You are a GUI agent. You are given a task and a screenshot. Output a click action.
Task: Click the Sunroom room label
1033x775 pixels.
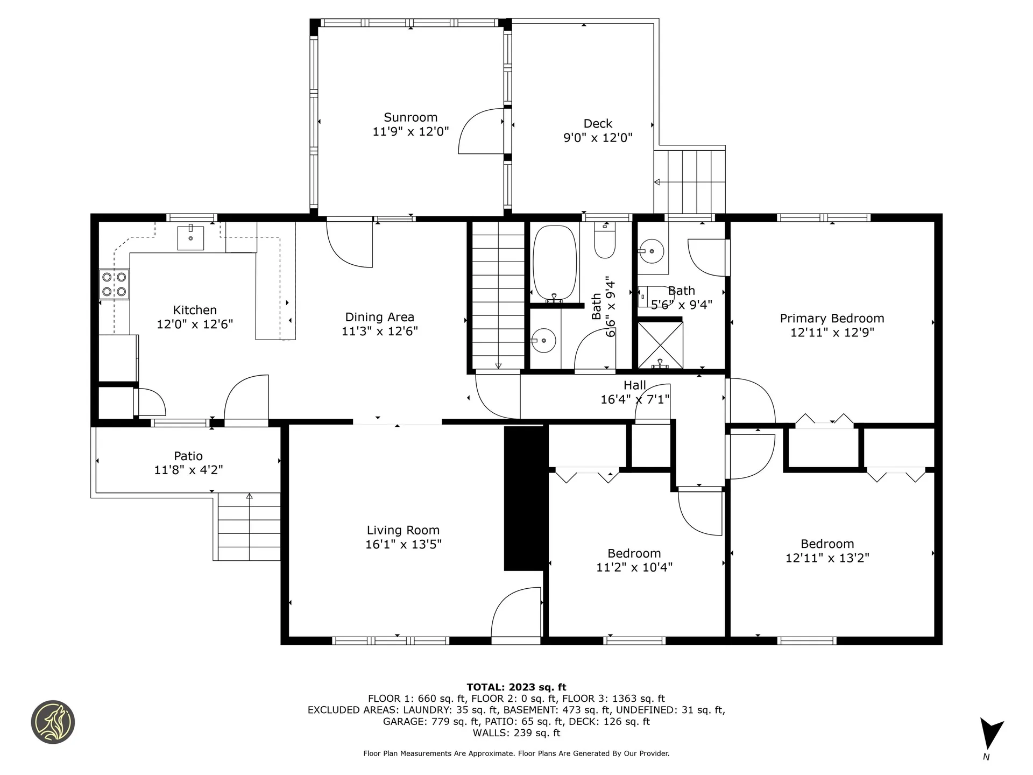tap(411, 117)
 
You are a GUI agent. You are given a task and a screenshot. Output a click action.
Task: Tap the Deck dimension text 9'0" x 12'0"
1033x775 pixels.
tap(598, 138)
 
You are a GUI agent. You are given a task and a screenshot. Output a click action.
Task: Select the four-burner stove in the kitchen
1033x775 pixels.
tap(115, 285)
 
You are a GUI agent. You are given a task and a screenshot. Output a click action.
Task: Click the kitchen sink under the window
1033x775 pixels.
tap(190, 238)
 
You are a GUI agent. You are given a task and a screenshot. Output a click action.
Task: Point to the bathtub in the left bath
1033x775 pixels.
tap(555, 263)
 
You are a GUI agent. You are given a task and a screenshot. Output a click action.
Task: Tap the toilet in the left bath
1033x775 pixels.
tap(605, 241)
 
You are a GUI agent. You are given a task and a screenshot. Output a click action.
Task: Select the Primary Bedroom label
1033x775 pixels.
tap(832, 319)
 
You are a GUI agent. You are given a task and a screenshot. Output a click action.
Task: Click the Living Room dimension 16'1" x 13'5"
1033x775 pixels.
tap(404, 544)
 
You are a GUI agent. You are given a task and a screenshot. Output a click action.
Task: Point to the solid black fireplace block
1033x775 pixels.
tap(523, 498)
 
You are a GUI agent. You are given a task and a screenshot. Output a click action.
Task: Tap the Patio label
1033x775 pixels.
tap(188, 456)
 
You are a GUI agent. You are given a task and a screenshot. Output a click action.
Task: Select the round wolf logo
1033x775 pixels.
tap(53, 722)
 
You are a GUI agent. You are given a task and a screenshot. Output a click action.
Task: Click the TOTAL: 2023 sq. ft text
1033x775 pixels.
tap(516, 687)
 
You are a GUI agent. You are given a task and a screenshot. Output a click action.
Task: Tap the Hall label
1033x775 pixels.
tap(635, 385)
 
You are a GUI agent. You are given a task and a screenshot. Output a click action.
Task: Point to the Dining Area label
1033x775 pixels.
tap(380, 317)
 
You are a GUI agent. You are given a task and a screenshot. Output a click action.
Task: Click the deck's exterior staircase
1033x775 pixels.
tap(689, 181)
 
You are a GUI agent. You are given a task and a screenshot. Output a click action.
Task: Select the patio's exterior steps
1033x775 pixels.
tap(249, 526)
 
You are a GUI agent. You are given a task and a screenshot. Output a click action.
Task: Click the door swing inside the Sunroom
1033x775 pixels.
tap(481, 131)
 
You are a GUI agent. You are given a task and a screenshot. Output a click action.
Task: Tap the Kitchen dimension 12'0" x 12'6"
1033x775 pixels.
tap(195, 325)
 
